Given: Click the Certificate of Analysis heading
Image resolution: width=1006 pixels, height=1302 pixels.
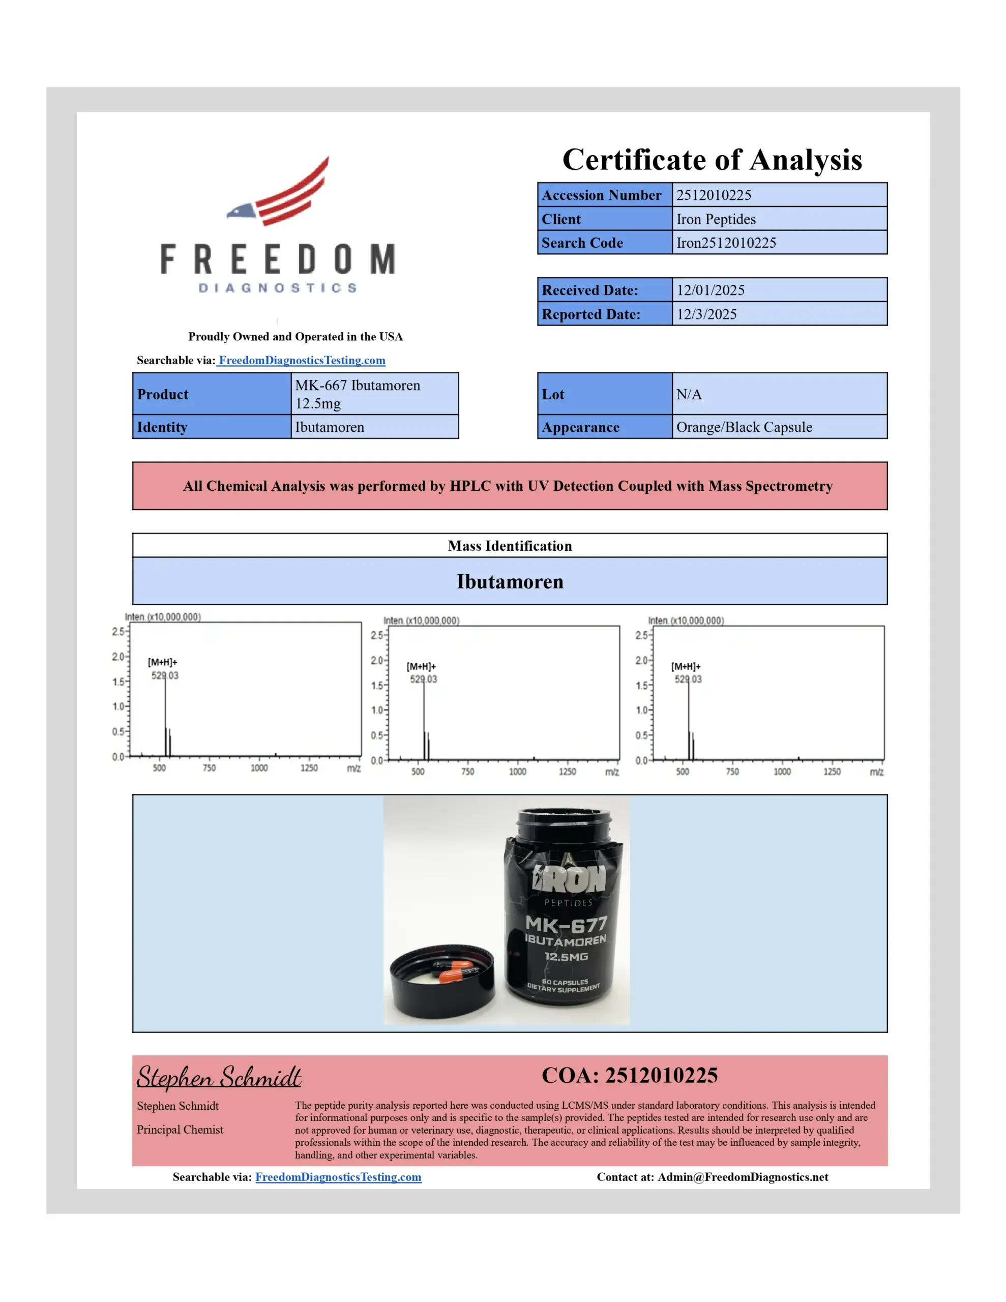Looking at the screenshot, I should point(712,160).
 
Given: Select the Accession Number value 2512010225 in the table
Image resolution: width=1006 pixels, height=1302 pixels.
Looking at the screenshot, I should point(713,195).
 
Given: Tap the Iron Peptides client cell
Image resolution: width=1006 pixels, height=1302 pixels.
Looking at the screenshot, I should point(716,219).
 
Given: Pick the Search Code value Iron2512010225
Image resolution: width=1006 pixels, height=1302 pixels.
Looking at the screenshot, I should point(726,243).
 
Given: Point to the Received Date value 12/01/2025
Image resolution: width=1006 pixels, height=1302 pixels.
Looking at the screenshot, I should point(710,290).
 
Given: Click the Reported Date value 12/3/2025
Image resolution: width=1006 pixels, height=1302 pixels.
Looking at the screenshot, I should point(706,314).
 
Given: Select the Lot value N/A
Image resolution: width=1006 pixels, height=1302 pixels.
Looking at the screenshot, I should point(689,394).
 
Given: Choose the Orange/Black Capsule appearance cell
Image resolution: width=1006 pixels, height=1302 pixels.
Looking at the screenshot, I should point(744,427).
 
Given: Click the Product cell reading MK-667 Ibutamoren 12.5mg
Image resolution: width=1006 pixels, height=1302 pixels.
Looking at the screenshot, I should point(358,394).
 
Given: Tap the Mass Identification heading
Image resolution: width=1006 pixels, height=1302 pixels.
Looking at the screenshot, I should point(509,546).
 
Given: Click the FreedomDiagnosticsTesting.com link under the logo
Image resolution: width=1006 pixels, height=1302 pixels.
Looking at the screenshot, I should point(301,360).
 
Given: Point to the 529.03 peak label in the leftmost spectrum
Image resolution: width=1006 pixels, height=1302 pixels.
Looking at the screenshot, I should point(165,675).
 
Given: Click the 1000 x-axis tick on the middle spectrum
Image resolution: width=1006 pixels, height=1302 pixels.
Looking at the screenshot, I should point(517,772).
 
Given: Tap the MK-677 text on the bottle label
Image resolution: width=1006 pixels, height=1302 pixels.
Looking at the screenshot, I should point(566,924).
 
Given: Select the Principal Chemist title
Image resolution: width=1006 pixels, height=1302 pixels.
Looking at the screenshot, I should point(180,1130).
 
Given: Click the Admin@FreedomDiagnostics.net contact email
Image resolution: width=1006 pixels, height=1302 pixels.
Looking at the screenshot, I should point(743,1177).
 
